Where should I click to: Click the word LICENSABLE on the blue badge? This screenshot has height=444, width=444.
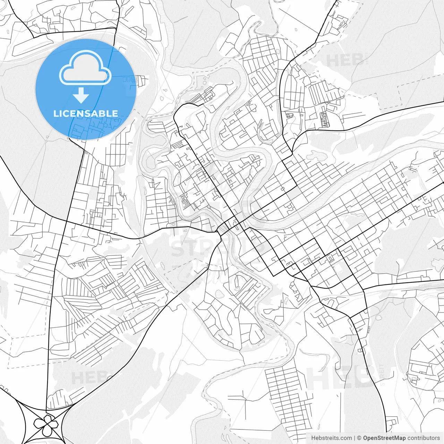pos(85,113)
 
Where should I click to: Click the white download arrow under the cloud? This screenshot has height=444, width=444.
pos(81,95)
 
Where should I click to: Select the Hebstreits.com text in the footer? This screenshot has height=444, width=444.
pos(331,438)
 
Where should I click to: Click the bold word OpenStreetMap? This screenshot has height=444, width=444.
pos(384,438)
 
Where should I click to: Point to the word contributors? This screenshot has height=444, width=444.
pos(424,438)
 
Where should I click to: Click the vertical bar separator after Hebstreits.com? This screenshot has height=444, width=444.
pos(355,438)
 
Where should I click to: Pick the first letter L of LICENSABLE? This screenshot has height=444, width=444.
pos(55,113)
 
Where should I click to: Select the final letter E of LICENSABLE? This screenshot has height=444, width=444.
pos(115,113)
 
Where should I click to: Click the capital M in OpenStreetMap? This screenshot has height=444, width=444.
pos(395,438)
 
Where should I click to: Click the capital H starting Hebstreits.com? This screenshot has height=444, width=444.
pos(313,438)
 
